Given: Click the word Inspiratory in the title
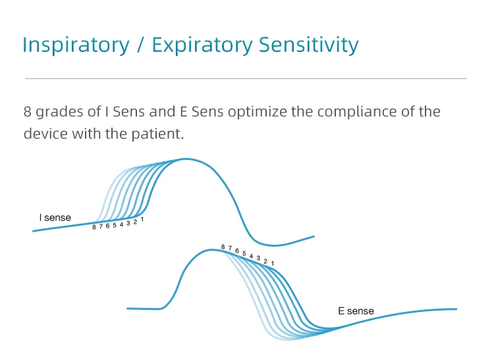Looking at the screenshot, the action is point(76,45).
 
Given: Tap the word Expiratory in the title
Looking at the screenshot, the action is point(202,45).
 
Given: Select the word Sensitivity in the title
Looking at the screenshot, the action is point(309,45).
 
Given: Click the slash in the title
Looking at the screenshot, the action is point(141,45).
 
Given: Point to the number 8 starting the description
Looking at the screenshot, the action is point(28,112).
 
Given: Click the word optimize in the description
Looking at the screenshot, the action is point(257,113).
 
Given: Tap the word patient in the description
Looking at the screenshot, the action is point(157,134).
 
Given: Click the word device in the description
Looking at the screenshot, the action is point(45,134).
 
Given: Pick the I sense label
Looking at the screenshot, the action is point(55,217).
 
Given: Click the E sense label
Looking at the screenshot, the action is point(356,311).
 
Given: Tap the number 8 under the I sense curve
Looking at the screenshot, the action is point(94,227).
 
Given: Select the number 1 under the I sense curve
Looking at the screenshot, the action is point(142,219).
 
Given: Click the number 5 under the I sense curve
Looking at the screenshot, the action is point(115,225).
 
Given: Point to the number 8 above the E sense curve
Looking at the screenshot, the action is point(223,247).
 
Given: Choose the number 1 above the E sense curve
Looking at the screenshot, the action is point(273,263).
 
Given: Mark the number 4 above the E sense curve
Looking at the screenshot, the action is point(251,256).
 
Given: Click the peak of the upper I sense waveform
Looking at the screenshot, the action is point(186,159).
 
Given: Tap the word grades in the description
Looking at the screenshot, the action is point(59,113).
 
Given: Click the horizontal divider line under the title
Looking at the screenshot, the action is point(246,79).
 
